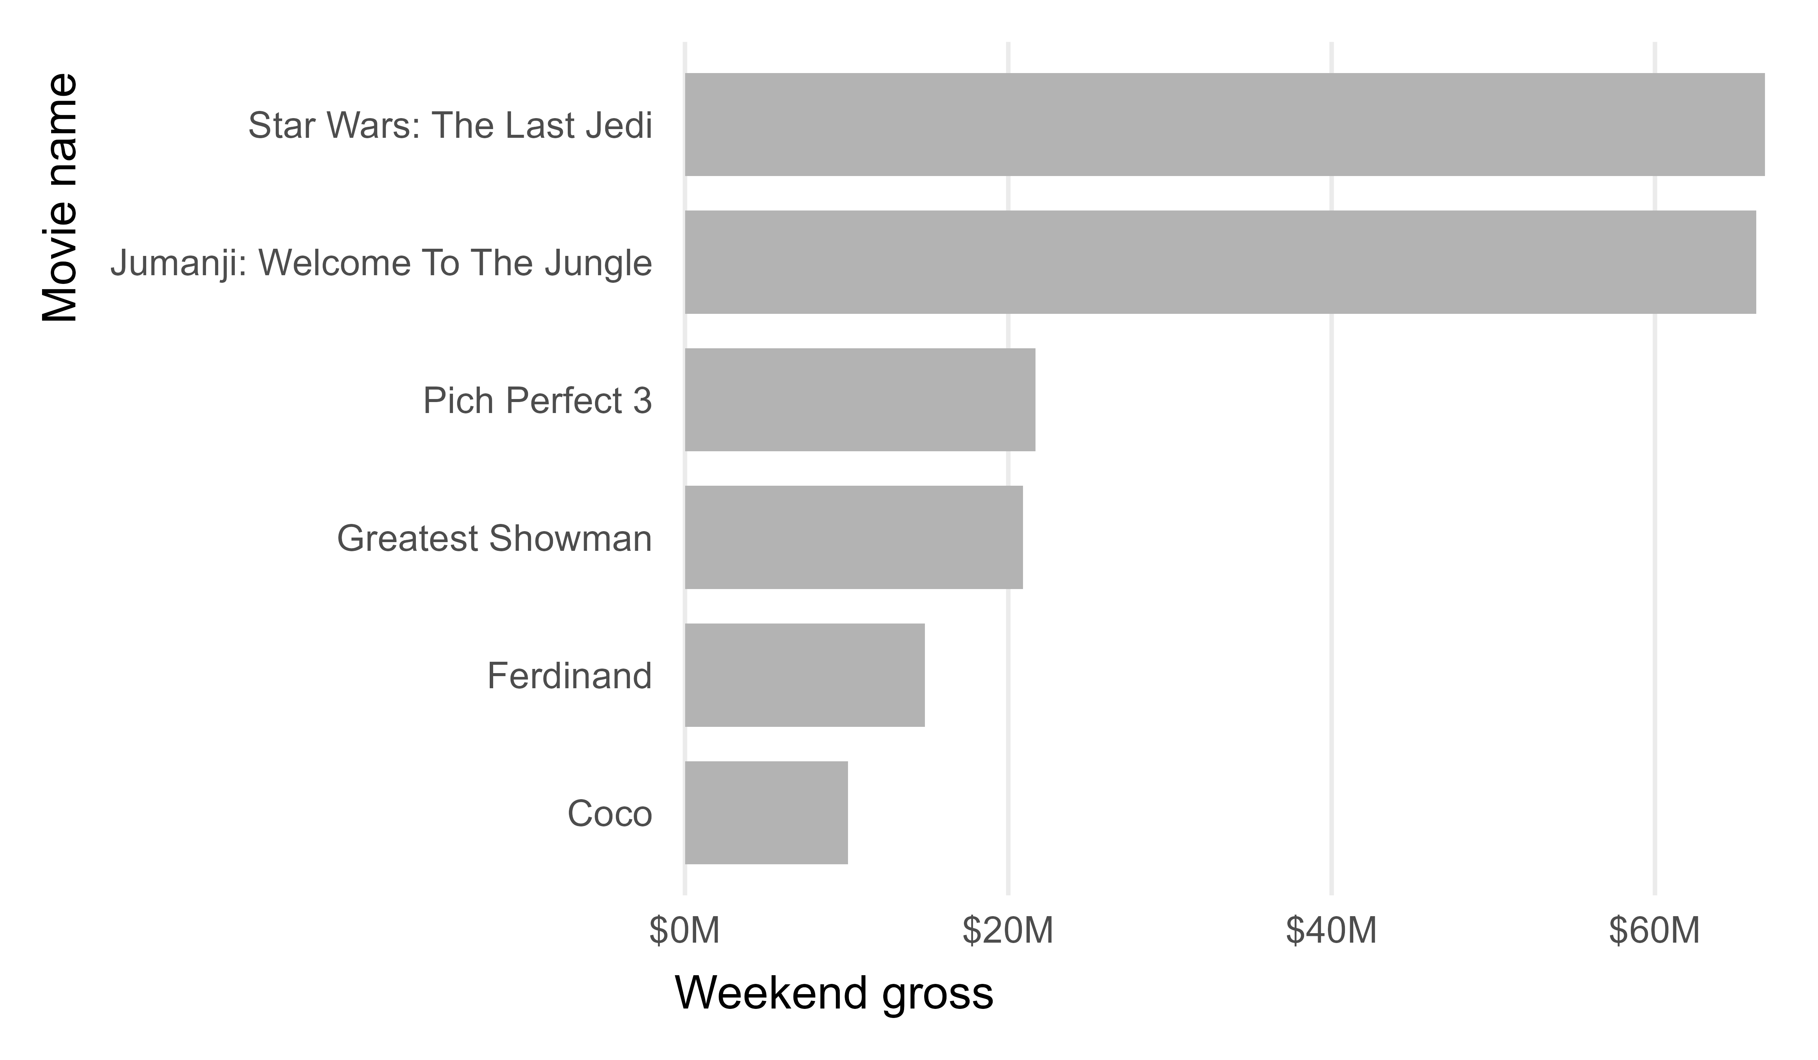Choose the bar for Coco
click(766, 813)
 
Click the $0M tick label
click(684, 931)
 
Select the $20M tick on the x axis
click(1008, 931)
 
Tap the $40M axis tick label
click(1331, 931)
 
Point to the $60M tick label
click(1654, 931)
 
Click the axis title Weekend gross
click(834, 994)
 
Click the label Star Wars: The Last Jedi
click(450, 125)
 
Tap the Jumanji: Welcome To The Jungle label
click(381, 263)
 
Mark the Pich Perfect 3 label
click(537, 401)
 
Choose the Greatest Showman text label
click(494, 539)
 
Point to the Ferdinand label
click(569, 677)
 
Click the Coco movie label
click(610, 814)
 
